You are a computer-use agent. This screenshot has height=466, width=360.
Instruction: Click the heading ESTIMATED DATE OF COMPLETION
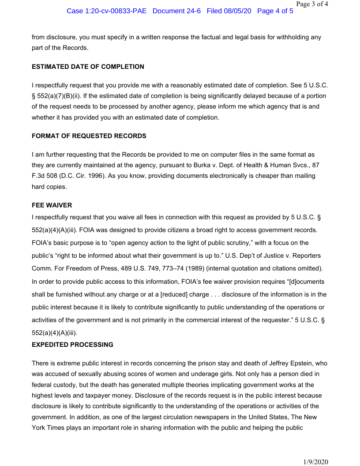pos(88,67)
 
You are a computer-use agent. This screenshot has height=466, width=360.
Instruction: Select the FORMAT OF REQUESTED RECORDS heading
pos(89,136)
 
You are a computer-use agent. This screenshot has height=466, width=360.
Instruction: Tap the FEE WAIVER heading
pos(52,205)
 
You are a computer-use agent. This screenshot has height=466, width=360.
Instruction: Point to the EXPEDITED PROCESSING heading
pos(72,344)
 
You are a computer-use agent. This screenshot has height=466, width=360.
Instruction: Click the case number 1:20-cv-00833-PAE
pos(106,11)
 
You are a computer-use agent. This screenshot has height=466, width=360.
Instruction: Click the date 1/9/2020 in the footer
pos(316,462)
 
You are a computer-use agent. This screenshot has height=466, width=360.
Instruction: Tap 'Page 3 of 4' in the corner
pos(312,4)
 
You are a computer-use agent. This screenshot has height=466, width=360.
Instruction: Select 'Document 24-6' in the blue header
pos(176,11)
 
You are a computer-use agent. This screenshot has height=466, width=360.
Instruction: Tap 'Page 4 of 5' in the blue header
pos(275,11)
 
